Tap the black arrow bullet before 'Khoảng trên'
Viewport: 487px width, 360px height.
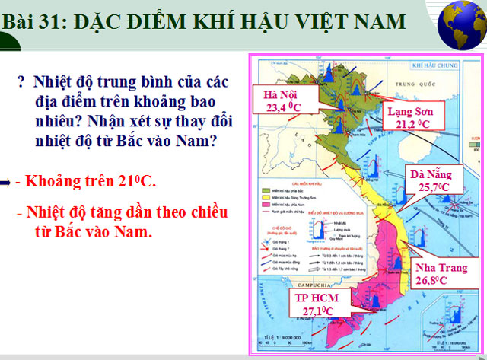tap(6, 182)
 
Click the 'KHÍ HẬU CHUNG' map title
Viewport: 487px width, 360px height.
tap(432, 66)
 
